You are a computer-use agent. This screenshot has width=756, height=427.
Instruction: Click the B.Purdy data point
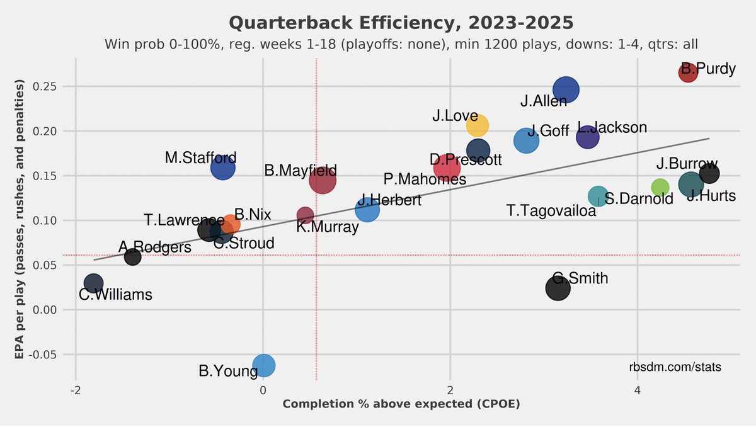click(x=688, y=72)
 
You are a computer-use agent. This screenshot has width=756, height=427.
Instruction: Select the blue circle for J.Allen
click(x=566, y=89)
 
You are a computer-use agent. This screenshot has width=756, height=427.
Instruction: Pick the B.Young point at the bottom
click(x=264, y=365)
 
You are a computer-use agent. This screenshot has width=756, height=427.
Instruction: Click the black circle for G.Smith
click(x=558, y=288)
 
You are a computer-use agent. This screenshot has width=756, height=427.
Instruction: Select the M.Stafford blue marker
click(x=222, y=168)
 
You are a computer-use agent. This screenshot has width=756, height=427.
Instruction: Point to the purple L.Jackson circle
click(x=587, y=137)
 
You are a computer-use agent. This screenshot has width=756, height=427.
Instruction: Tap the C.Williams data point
click(x=93, y=283)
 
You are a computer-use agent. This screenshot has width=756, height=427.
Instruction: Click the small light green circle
click(x=660, y=187)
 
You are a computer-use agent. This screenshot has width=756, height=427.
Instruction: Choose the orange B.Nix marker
click(x=231, y=224)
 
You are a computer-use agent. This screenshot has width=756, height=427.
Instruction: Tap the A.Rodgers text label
click(x=154, y=248)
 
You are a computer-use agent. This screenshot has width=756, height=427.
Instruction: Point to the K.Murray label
click(x=328, y=227)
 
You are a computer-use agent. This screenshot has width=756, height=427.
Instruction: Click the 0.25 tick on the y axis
click(x=55, y=86)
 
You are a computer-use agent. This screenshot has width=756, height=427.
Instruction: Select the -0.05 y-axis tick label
click(x=54, y=355)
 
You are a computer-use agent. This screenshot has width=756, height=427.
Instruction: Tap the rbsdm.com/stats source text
click(x=675, y=367)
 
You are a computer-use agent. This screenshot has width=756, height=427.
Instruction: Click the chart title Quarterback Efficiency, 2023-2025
click(x=401, y=23)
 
